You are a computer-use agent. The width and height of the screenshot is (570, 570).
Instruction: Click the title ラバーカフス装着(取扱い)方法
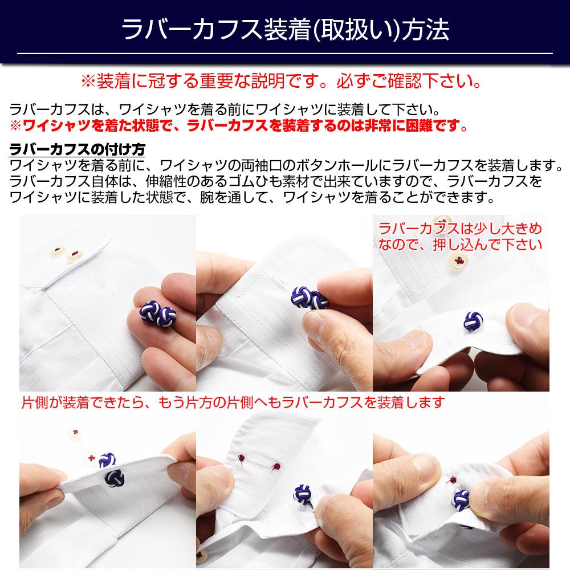pos(286,30)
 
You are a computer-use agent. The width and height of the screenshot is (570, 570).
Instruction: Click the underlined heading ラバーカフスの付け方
pos(77,149)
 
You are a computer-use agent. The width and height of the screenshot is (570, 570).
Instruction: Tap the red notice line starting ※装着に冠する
pos(282,81)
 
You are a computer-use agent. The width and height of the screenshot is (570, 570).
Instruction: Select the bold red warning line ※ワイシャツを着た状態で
pos(239,126)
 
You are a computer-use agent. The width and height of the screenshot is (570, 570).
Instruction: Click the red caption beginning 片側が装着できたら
pos(233,402)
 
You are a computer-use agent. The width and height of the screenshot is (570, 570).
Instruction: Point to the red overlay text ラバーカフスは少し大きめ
pos(460,237)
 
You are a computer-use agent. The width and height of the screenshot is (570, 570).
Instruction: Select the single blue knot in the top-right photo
pos(473,321)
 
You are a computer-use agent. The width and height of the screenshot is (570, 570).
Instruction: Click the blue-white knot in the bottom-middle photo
pos(304,495)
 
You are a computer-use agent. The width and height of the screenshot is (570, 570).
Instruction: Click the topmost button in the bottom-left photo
pos(75,433)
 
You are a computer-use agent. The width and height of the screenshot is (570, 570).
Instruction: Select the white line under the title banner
pos(285,54)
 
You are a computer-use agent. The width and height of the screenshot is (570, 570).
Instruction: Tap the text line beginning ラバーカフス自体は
pos(275,181)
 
